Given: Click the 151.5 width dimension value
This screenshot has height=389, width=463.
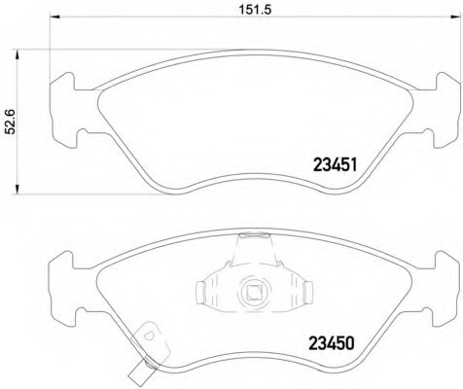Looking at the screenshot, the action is pos(255,9).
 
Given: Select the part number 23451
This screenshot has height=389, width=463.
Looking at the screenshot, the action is pos(335,164).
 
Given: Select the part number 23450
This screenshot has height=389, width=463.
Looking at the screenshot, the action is pos(332,343).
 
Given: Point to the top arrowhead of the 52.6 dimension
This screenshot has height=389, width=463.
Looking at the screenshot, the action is pos(18,54).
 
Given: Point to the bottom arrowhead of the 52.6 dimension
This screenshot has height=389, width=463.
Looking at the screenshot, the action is pos(18,190).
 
